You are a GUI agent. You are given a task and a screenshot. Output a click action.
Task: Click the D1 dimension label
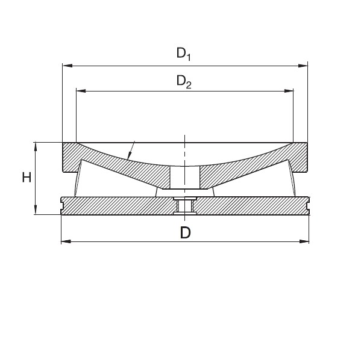point(184,54)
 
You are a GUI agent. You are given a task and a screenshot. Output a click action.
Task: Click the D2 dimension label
point(184,82)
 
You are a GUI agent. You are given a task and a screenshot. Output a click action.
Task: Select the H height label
point(27,178)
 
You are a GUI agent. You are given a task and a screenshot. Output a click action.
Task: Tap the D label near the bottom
point(186,232)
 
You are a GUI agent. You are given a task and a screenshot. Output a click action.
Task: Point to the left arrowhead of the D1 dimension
point(67,66)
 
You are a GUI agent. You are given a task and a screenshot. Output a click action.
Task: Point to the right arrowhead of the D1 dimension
point(303,66)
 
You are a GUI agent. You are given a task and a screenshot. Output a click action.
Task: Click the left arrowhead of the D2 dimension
point(81,91)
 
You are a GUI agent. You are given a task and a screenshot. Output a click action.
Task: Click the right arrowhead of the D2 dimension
point(289,91)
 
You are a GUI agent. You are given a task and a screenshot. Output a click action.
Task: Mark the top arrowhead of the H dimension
point(36,147)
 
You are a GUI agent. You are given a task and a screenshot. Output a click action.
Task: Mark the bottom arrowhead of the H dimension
point(36,209)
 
